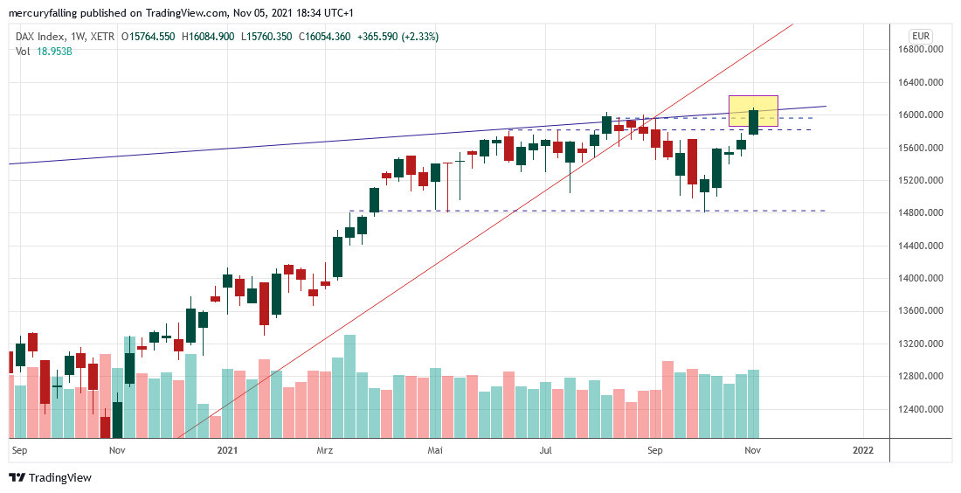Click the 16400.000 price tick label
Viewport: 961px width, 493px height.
925,82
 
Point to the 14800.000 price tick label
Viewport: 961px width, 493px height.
925,213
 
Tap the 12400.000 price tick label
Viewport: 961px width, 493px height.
925,409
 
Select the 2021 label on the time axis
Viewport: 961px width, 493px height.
227,450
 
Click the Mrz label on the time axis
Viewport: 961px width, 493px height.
324,450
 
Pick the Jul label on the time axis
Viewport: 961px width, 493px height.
546,450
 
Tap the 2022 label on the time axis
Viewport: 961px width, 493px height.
862,450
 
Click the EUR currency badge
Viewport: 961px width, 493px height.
920,36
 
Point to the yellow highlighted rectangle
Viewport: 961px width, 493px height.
753,110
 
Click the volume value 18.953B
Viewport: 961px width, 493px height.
55,52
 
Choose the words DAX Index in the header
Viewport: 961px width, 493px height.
40,37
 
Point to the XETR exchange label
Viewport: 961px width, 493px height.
100,37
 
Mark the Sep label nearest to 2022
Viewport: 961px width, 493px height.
656,450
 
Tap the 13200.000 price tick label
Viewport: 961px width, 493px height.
925,344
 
